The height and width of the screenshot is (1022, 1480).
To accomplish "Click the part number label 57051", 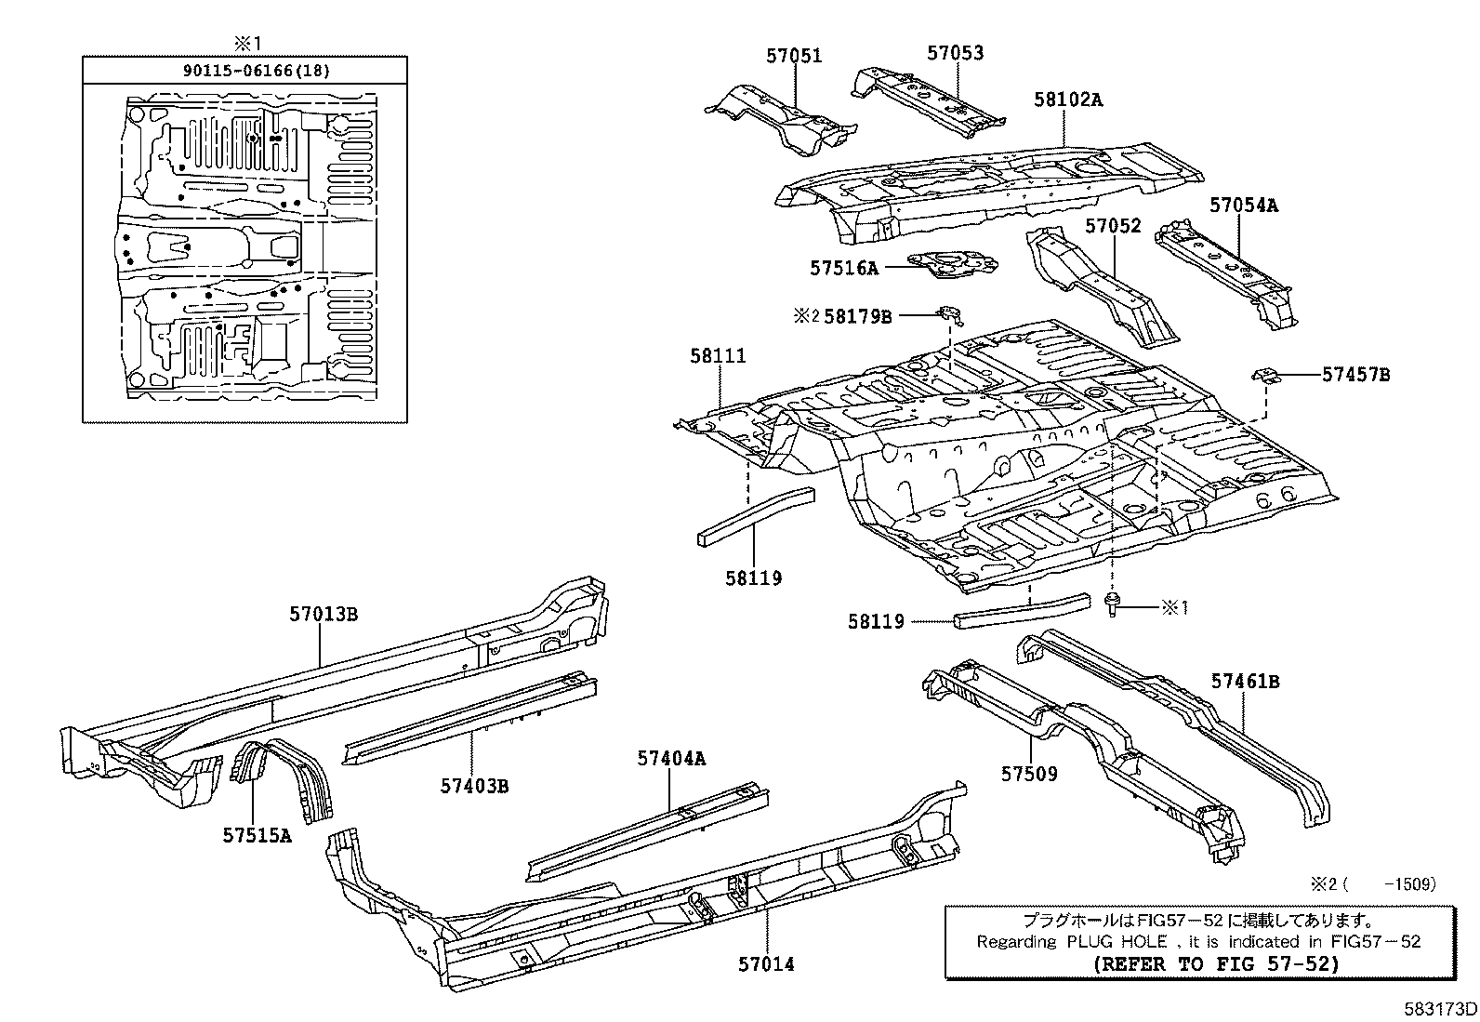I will click(x=794, y=56).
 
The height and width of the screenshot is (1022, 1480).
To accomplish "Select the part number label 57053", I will click(x=955, y=53).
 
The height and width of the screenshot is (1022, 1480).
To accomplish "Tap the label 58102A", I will click(x=1068, y=100).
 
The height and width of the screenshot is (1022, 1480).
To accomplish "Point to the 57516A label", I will click(x=843, y=269).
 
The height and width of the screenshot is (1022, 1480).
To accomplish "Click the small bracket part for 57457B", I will click(x=1266, y=374).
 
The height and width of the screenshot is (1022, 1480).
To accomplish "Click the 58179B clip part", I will click(x=949, y=315).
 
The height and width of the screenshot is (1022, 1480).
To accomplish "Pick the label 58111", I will click(x=718, y=355).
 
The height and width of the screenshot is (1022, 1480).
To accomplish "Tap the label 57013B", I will click(x=324, y=614).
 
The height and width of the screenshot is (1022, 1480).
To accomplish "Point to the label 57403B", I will click(x=474, y=787).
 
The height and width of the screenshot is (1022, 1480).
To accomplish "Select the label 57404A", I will click(x=671, y=759).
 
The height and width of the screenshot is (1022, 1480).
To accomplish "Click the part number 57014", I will click(x=767, y=964).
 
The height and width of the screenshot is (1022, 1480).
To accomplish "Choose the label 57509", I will click(x=1029, y=774).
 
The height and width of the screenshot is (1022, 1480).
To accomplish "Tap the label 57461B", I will click(x=1245, y=682).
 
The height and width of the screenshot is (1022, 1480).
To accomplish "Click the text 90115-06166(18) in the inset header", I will click(x=244, y=71).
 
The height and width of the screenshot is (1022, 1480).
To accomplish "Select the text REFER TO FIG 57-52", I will click(x=1218, y=963).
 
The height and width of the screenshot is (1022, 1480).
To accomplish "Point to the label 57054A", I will click(x=1243, y=206).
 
